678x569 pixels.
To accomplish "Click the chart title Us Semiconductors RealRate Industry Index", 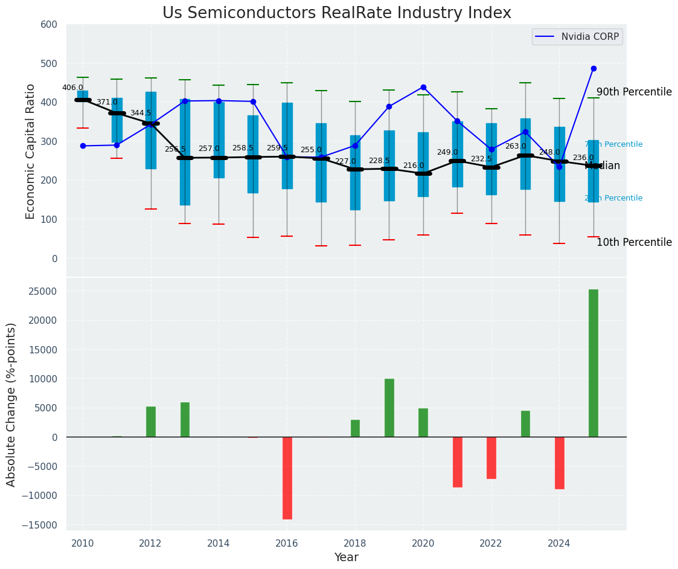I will coord(336,13).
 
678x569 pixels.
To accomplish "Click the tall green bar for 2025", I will coord(593,362).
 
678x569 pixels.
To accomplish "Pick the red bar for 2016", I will coord(287,478).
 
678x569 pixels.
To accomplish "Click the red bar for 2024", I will coord(559,463).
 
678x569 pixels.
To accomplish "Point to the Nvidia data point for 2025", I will coord(593,69).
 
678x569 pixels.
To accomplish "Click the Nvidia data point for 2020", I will coord(423,88).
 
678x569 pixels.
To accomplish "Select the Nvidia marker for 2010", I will coord(83,146).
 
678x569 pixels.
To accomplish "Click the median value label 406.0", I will coord(72,88).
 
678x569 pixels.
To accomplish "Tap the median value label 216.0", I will coord(414,166).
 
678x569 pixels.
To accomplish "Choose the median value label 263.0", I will coord(516,146).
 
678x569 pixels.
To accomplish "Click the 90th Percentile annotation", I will coord(634,92).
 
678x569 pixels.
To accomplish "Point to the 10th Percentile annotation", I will coord(634,243).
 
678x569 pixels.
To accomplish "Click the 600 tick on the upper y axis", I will coord(49,25).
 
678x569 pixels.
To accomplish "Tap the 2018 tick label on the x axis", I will coord(355,544).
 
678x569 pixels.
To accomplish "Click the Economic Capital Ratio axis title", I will coord(31,150).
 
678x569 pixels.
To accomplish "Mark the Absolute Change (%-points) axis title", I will coord(11,404).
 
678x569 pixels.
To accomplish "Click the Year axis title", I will coord(346,558).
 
